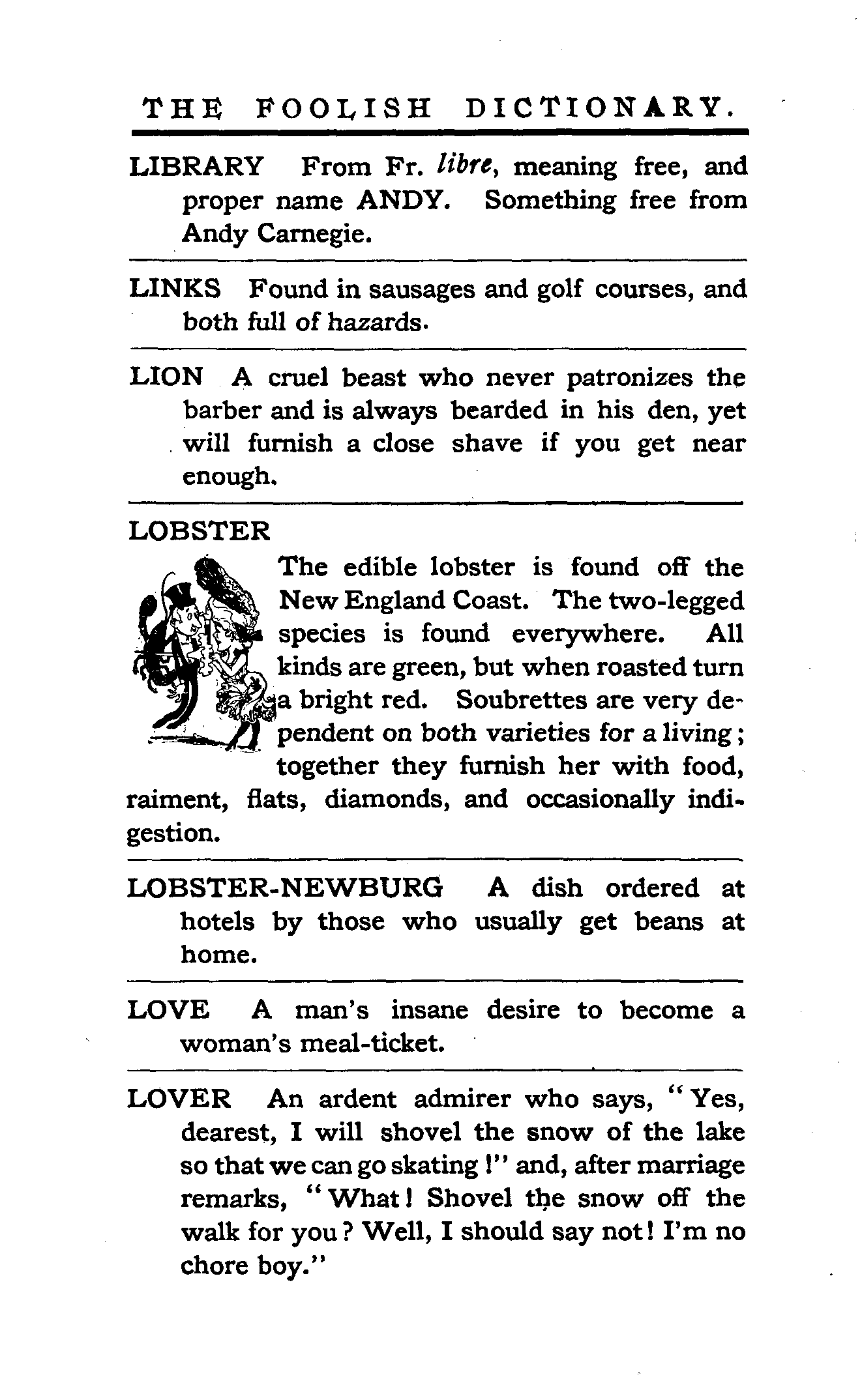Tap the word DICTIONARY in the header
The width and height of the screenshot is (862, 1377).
[x=598, y=108]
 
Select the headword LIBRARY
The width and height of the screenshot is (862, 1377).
[x=197, y=167]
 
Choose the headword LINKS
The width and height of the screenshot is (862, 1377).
[x=175, y=289]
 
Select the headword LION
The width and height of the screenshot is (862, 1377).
[x=167, y=377]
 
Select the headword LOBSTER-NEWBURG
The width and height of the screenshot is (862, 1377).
[x=285, y=888]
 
